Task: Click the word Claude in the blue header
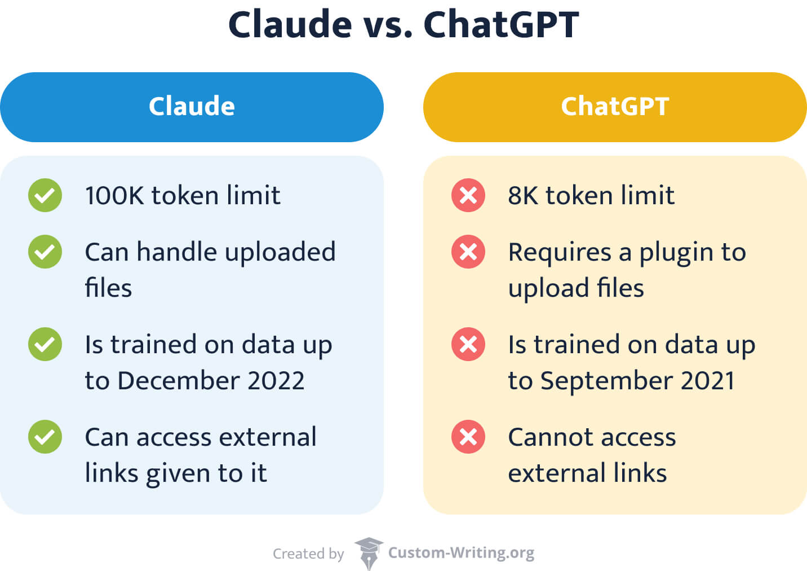(192, 106)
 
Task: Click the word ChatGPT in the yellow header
(615, 107)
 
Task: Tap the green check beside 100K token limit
(45, 195)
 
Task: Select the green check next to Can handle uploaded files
(45, 252)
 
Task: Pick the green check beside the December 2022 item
(45, 344)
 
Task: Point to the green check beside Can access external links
(45, 437)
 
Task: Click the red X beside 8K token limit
(468, 195)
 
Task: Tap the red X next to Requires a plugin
(468, 252)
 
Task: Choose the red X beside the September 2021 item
(468, 344)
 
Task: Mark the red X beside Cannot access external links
(468, 437)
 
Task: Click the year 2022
(276, 380)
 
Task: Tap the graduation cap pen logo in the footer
(369, 554)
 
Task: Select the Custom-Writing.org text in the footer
(462, 554)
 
